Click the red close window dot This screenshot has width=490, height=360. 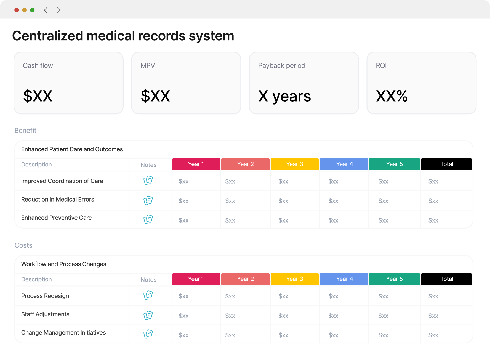pos(17,10)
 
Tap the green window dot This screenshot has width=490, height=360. pos(32,10)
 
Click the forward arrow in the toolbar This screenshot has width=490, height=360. pos(58,10)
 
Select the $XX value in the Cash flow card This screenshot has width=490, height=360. pos(38,96)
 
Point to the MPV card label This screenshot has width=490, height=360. pos(148,66)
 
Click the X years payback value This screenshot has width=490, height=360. pos(284,96)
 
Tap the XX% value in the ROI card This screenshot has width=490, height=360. pos(392,96)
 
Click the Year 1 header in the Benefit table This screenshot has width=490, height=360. pos(196,164)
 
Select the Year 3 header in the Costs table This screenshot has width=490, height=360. pos(295,279)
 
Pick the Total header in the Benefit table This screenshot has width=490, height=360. pos(446,164)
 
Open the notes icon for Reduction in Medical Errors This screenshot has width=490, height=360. pos(148,200)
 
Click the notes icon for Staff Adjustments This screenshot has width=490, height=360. pos(148,315)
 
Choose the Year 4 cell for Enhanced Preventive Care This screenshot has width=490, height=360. pos(333,220)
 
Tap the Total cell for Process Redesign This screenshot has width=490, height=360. pos(433,296)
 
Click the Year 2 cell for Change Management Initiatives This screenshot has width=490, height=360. pos(230,335)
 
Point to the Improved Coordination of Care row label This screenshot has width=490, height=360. pos(62,181)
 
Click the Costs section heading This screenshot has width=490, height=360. pos(23,245)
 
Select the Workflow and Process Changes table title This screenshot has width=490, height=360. pos(64,264)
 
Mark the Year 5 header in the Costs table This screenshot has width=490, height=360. pos(394,279)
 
